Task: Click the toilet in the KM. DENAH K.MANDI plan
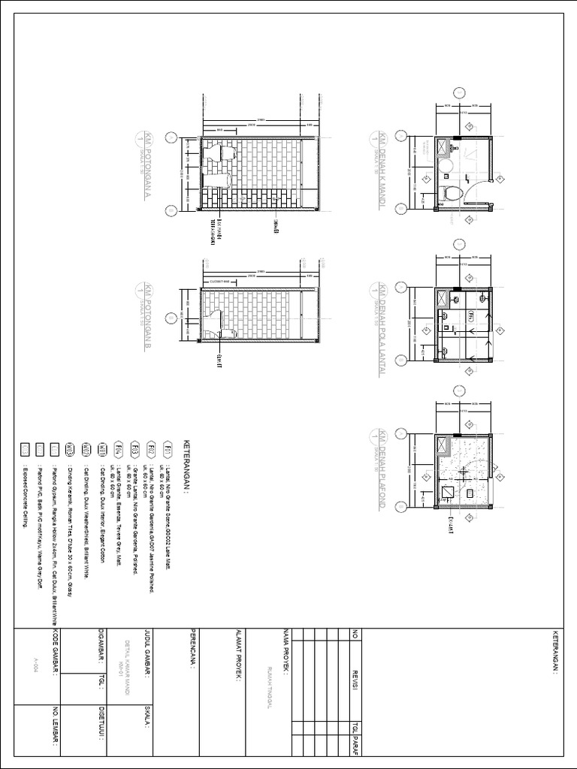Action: pyautogui.click(x=452, y=194)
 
